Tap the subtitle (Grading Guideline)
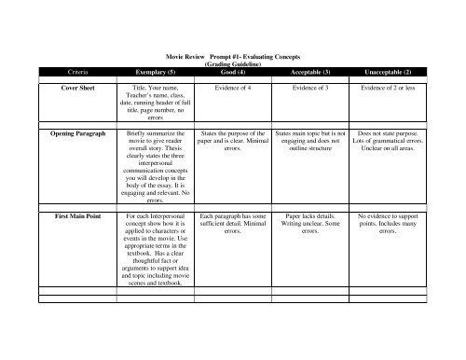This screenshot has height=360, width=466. [231, 63]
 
